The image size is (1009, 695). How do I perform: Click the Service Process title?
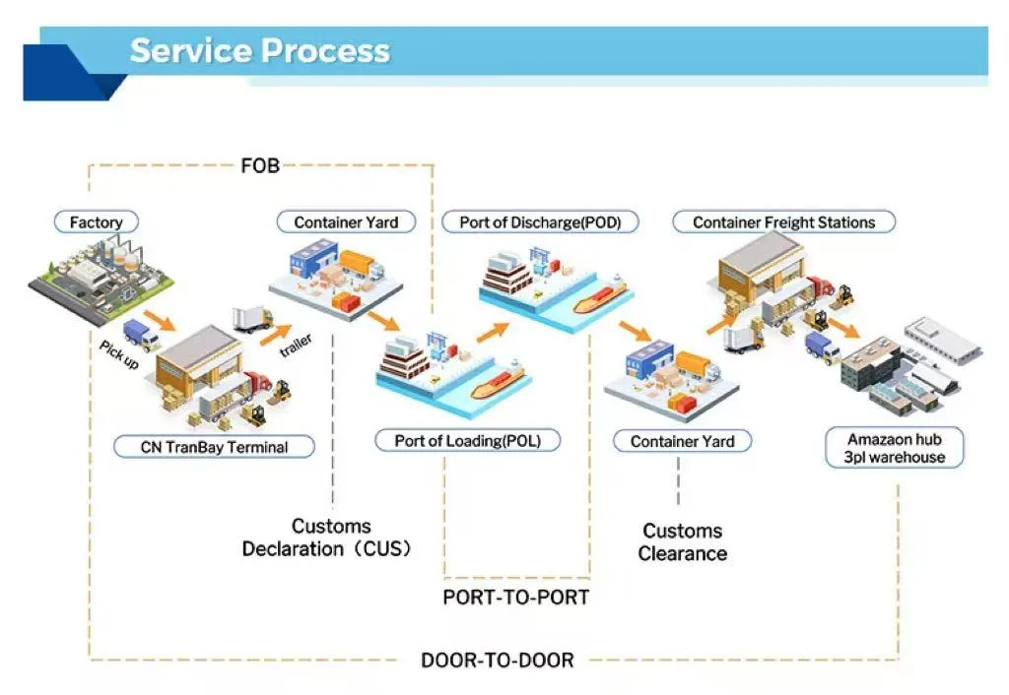[x=260, y=50]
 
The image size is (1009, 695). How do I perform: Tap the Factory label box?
[x=96, y=222]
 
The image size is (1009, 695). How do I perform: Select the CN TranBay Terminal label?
[x=214, y=447]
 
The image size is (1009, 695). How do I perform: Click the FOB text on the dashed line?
[x=260, y=165]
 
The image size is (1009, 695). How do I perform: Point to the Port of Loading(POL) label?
[x=468, y=440]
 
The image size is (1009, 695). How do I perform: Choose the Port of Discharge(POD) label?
[x=540, y=222]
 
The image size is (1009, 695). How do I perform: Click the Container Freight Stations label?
[x=783, y=222]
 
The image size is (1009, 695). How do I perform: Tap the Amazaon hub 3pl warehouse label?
[x=895, y=448]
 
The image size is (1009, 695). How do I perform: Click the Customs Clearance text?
[x=682, y=542]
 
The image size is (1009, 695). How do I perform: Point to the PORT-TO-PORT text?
[x=515, y=597]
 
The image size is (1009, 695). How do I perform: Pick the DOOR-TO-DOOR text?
[x=497, y=660]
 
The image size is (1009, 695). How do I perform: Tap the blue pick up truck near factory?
[x=141, y=335]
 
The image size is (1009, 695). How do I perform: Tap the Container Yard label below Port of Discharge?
[x=682, y=441]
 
